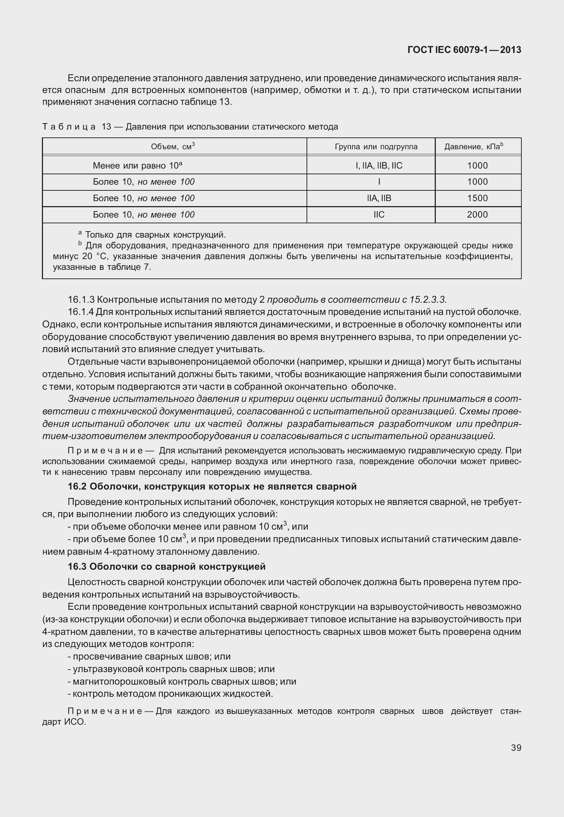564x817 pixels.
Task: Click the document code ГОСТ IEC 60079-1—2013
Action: (464, 50)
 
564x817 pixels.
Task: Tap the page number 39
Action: (516, 748)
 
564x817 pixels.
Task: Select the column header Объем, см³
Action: (173, 146)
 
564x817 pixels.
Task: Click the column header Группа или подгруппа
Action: (376, 147)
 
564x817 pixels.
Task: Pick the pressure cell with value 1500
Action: (477, 198)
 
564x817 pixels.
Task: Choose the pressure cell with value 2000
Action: (477, 215)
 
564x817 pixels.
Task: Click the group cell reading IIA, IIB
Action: (379, 198)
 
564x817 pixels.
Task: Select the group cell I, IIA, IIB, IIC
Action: (379, 166)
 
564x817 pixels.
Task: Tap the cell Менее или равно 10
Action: (138, 166)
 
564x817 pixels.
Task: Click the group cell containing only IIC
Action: (379, 215)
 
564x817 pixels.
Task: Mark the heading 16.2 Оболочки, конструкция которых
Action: (212, 486)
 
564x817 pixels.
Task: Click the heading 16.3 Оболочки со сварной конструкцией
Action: (167, 566)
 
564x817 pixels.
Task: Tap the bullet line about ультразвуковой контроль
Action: (171, 669)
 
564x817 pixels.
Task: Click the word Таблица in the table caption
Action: (69, 127)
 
